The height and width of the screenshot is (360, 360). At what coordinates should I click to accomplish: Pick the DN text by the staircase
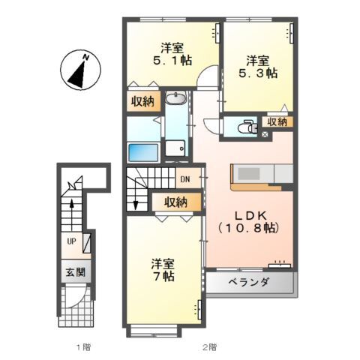tap(184, 179)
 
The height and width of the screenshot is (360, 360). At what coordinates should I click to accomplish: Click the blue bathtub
tap(142, 151)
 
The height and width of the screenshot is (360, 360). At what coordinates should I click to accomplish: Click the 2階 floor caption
tap(210, 347)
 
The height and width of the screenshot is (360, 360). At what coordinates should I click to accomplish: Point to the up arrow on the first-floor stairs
tap(72, 205)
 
